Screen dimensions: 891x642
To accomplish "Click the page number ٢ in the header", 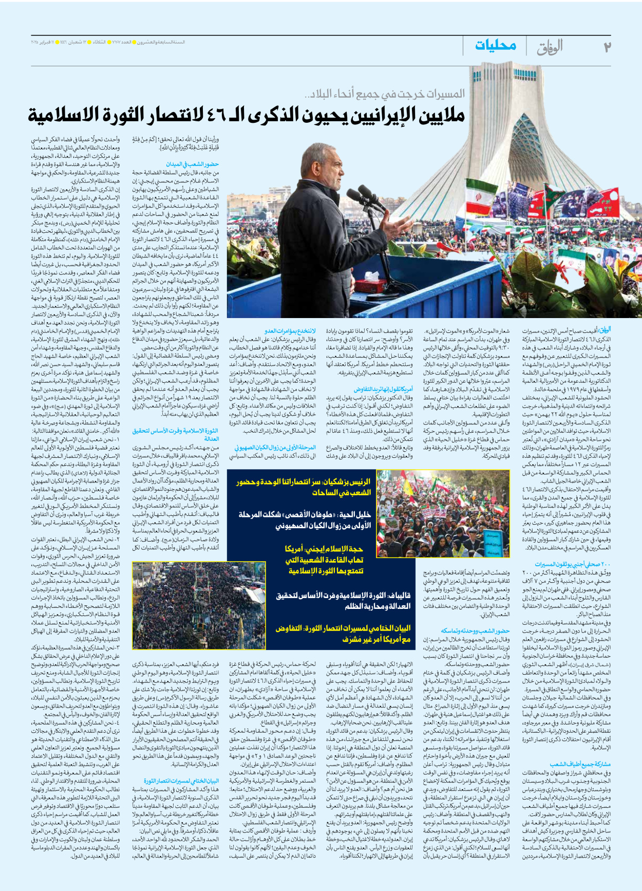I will click(607, 47).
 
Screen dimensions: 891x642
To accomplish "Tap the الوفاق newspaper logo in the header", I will click(550, 47).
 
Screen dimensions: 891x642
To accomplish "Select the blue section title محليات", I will click(495, 46).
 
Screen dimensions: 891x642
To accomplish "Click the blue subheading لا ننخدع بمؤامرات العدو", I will click(290, 331).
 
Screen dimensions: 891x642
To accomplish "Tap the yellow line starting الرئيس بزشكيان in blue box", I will click(303, 487).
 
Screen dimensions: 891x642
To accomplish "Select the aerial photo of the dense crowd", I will click(199, 605).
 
